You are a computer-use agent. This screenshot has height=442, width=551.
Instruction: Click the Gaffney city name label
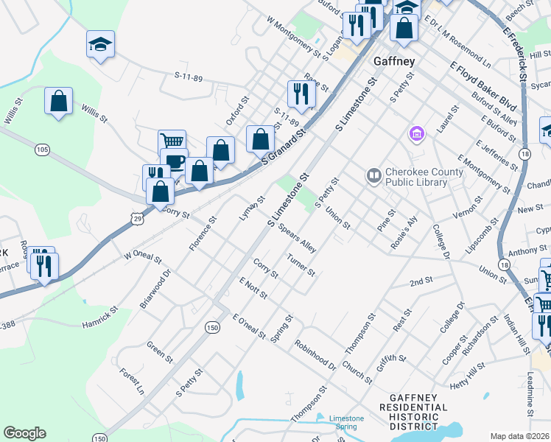click(x=394, y=61)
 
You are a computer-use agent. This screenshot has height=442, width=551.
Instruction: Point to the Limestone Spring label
click(x=346, y=423)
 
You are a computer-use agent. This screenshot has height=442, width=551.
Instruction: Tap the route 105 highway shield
click(x=42, y=150)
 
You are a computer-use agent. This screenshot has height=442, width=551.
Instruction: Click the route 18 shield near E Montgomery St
click(x=524, y=152)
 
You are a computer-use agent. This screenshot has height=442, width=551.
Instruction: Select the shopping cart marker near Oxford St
click(x=171, y=141)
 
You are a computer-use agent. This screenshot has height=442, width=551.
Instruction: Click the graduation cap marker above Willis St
click(x=99, y=44)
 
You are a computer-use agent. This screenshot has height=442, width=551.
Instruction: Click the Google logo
click(x=24, y=433)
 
